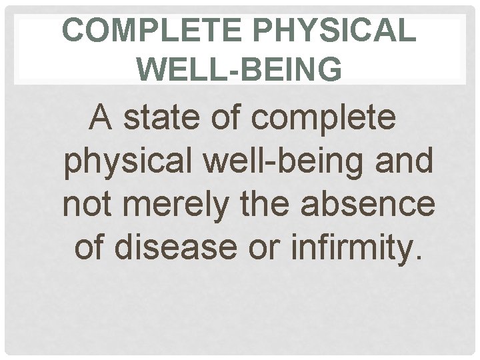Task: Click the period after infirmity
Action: pyautogui.click(x=418, y=257)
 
